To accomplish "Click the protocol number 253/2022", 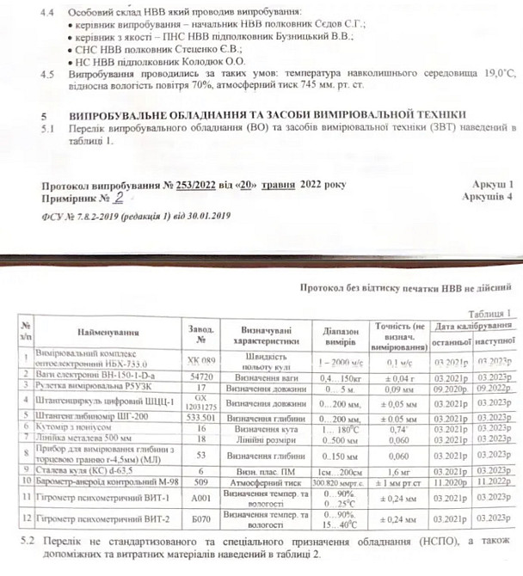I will [x=192, y=185].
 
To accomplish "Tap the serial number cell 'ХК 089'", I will [x=200, y=360].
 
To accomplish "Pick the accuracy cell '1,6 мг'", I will [x=396, y=472].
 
